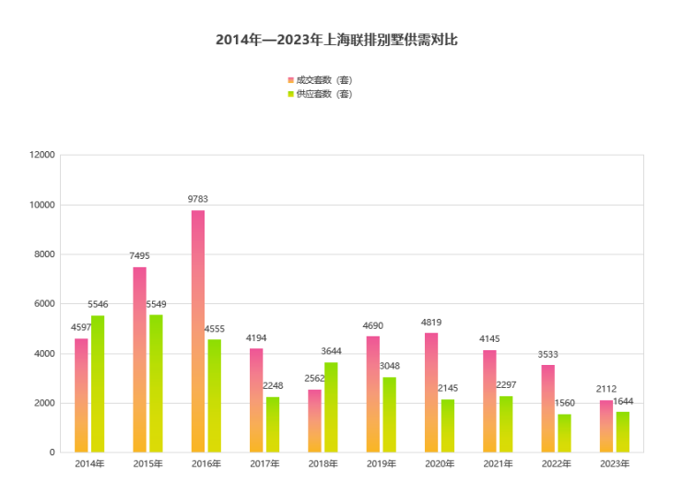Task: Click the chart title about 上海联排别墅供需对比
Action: (336, 40)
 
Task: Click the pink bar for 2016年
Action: (198, 332)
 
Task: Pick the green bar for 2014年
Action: (98, 384)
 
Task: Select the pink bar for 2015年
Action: (139, 359)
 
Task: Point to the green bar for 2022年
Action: (564, 433)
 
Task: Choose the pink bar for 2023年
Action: (606, 426)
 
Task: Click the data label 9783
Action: (198, 199)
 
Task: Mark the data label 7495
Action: (139, 256)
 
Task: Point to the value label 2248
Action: (273, 386)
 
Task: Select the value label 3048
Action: (390, 366)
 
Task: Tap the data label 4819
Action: (431, 323)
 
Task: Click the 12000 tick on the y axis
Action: (42, 155)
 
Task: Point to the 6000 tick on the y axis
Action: (45, 303)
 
